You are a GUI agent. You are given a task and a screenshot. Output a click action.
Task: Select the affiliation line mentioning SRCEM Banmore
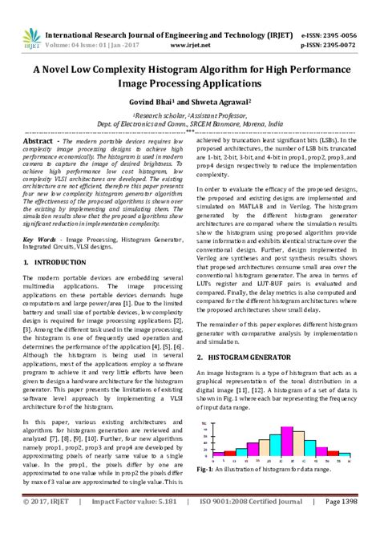pos(189,124)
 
